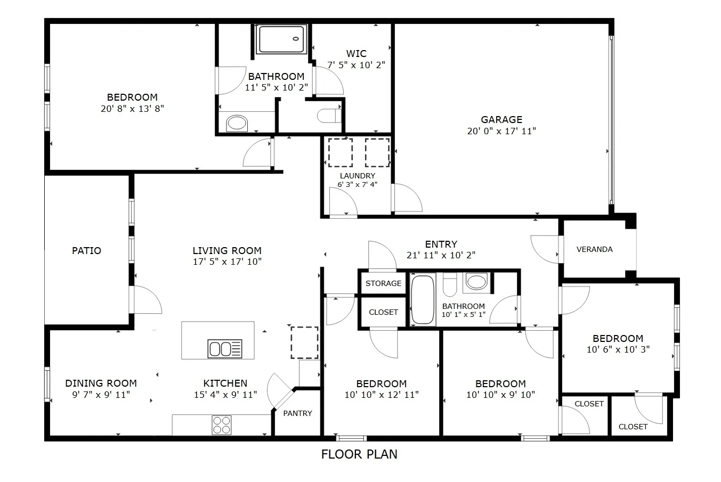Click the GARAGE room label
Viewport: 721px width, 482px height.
coord(501,120)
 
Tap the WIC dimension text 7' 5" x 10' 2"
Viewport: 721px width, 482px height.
coord(356,65)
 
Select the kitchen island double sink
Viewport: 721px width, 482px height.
coord(225,348)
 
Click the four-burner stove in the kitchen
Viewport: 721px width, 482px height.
coord(222,424)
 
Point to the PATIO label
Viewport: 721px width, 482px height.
coord(86,251)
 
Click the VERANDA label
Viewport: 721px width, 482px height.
coord(595,249)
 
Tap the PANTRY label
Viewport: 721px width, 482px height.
coord(297,413)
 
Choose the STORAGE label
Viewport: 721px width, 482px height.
coord(383,283)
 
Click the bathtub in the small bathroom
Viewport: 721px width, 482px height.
coord(423,299)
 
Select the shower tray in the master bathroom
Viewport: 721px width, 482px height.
coord(282,39)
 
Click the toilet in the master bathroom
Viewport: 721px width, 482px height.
coord(329,116)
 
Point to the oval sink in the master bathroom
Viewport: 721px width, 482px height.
coord(237,123)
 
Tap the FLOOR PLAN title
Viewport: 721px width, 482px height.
coord(359,454)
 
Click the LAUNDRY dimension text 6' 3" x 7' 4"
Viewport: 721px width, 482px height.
coord(357,184)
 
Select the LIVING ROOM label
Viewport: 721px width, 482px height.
coord(227,251)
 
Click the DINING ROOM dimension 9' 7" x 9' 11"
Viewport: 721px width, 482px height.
coord(101,395)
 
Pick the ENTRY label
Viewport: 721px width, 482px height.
coord(441,244)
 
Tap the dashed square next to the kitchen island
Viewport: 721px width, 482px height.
coord(304,342)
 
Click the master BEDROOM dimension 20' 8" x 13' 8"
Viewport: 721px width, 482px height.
coord(132,109)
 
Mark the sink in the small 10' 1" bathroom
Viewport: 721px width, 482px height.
coord(477,282)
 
